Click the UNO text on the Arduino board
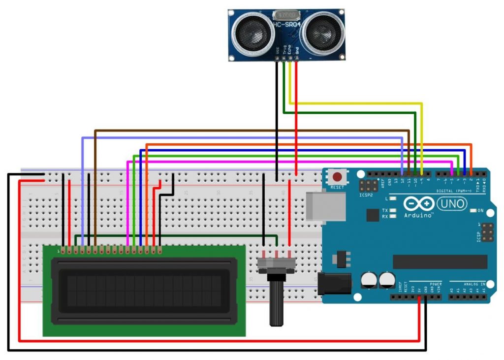452,203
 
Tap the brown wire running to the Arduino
246,131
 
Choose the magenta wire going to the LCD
295,161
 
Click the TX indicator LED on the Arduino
392,210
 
